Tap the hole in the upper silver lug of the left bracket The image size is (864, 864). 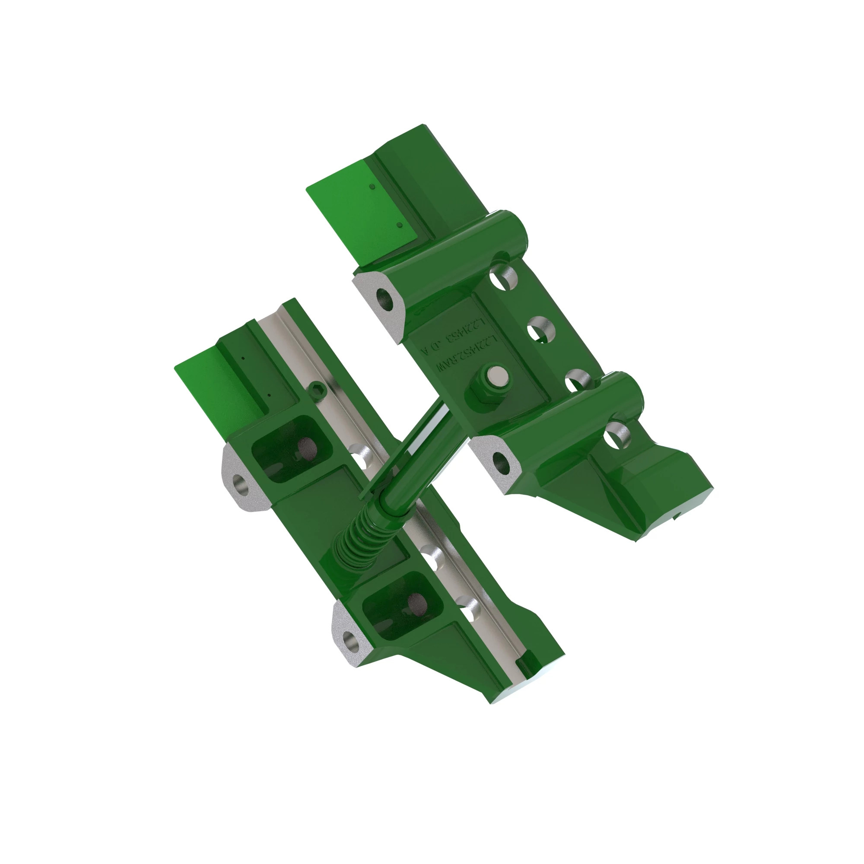coord(242,484)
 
